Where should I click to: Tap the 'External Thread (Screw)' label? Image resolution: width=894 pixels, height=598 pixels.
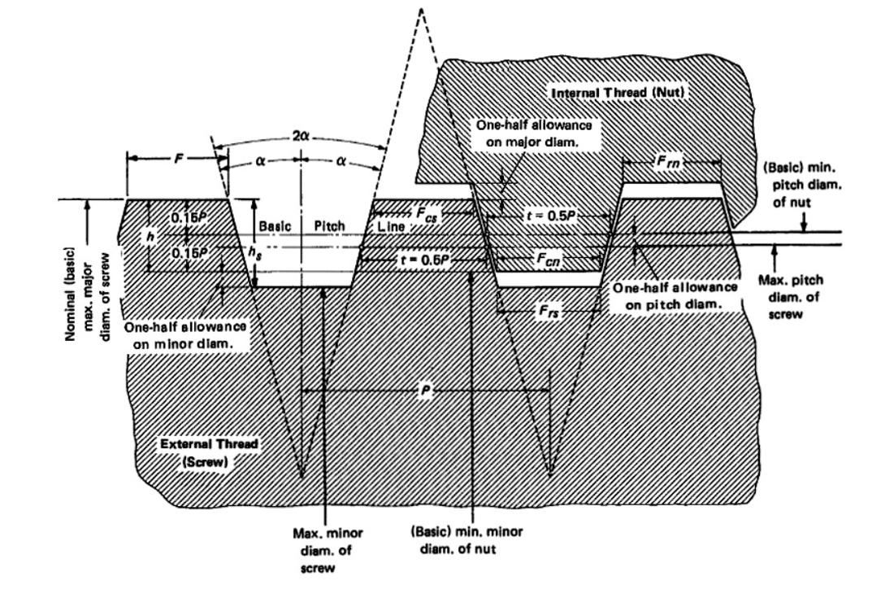tap(209, 452)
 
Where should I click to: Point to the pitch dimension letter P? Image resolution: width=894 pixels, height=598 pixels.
tap(424, 391)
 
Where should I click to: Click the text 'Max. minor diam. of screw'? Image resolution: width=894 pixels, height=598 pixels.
tap(327, 550)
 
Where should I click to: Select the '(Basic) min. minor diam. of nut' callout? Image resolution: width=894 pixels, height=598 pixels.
tap(462, 539)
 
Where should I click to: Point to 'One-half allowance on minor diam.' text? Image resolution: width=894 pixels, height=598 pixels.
tap(186, 334)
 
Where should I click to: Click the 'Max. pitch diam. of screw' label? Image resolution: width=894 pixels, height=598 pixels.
tap(788, 297)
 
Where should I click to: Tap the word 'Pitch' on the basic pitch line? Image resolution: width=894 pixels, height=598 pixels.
tap(329, 225)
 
